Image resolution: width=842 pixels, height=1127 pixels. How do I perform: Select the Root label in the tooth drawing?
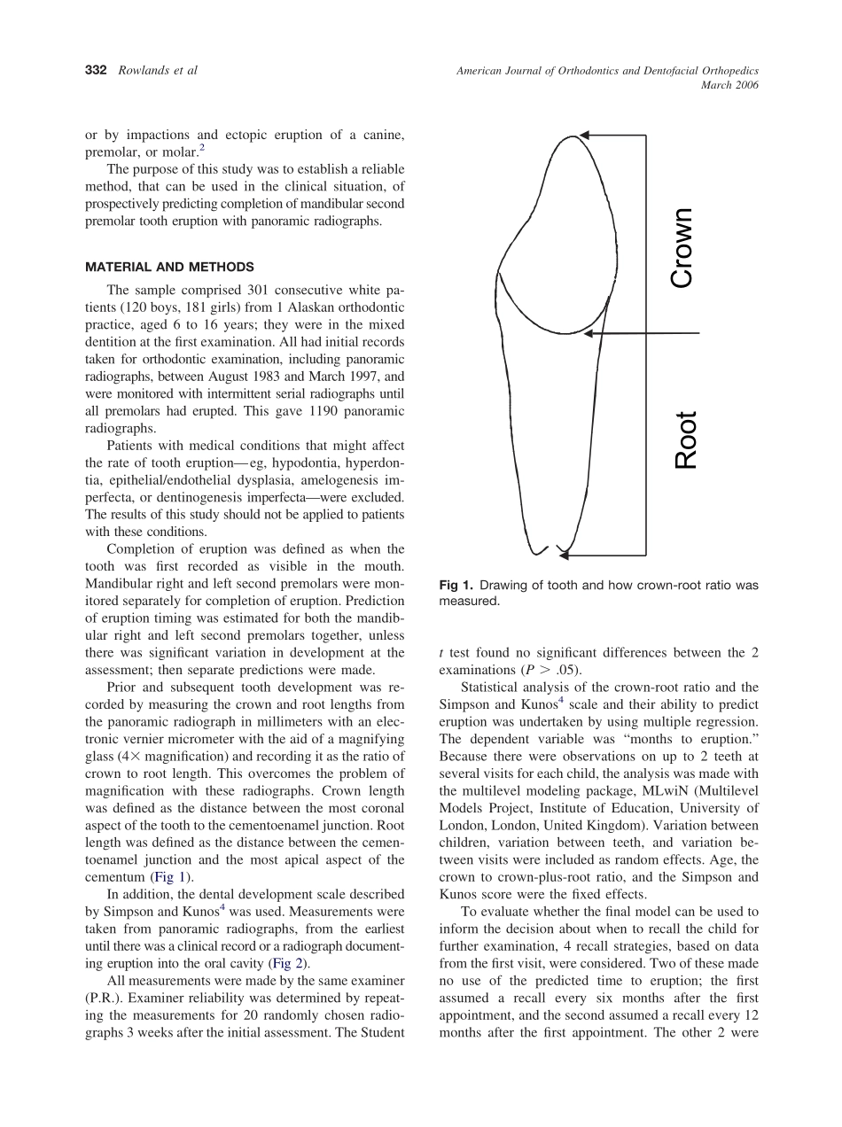686,440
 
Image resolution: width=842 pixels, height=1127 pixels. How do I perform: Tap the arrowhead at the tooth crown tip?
585,136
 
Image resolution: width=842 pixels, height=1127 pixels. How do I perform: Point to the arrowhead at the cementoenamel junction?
589,333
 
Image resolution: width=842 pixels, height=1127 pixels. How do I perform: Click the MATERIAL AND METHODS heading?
169,267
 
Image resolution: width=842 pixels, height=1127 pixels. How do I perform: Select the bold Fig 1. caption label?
456,586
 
